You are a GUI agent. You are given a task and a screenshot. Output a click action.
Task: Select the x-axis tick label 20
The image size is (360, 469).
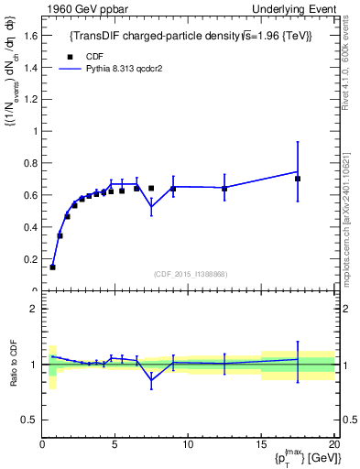tap(333, 443)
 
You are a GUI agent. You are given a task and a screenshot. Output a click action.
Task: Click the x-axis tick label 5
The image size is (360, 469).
tap(115, 443)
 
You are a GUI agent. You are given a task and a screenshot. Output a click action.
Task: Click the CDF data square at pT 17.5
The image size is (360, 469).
tap(298, 179)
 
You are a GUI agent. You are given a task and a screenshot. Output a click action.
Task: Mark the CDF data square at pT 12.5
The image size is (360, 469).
tap(224, 189)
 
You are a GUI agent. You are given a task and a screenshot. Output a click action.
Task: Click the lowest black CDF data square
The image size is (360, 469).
tap(52, 267)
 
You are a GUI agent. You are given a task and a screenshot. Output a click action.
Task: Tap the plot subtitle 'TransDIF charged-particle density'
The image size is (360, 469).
tap(191, 36)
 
